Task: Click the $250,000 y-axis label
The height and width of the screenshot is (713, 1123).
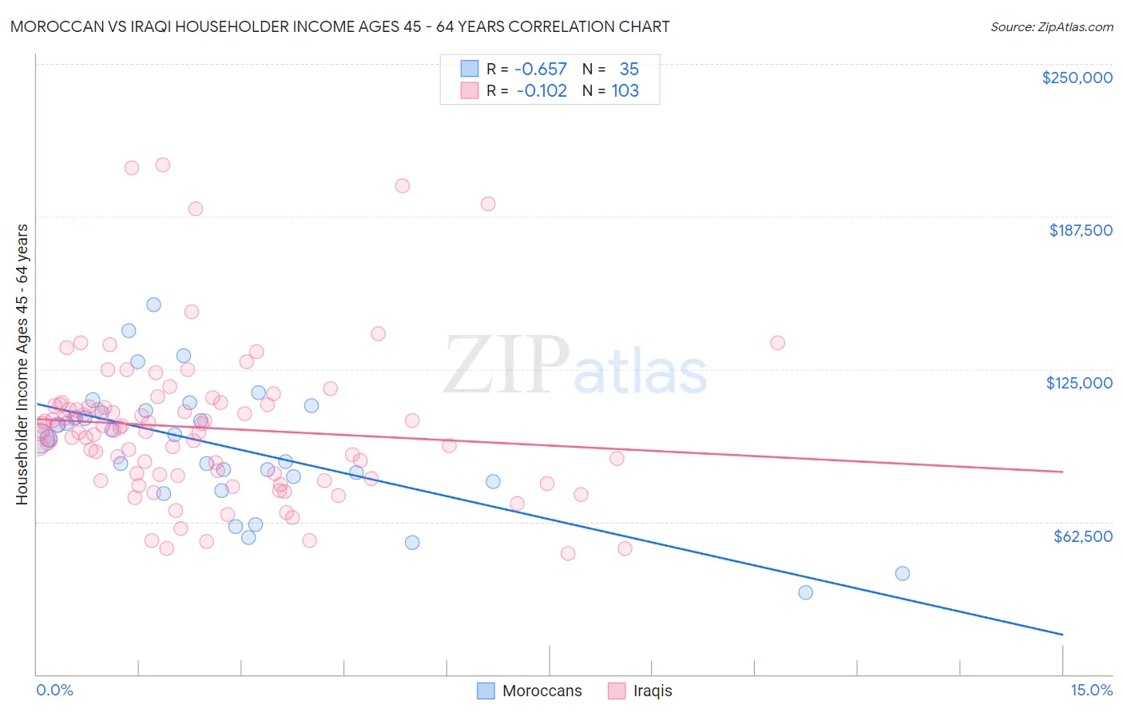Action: click(x=1077, y=78)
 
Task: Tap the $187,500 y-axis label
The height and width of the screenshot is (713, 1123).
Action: click(x=1080, y=230)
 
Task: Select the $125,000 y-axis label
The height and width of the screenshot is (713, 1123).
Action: click(x=1079, y=383)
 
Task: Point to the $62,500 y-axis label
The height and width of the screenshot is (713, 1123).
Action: click(x=1082, y=536)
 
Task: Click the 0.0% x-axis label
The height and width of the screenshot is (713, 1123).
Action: click(x=54, y=690)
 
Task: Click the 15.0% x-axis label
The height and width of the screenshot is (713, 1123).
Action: click(x=1091, y=690)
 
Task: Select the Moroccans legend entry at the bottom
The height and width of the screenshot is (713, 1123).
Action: click(x=542, y=691)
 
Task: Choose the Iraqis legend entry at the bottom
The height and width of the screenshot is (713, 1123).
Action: click(x=652, y=691)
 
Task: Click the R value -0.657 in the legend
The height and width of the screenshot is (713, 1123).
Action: click(x=541, y=69)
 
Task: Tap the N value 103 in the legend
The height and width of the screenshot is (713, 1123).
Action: click(x=625, y=90)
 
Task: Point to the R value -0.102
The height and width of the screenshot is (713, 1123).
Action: click(x=542, y=90)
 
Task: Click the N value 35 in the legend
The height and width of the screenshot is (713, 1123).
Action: click(x=629, y=69)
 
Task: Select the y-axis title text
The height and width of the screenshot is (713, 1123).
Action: click(x=22, y=364)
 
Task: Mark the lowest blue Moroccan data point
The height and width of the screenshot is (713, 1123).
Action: click(x=805, y=592)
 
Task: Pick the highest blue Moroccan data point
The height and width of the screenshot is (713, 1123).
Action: click(x=153, y=305)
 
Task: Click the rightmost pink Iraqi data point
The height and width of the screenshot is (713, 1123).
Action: click(x=777, y=343)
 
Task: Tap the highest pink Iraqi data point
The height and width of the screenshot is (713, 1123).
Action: click(x=162, y=165)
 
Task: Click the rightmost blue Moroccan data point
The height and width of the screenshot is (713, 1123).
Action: click(x=902, y=573)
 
